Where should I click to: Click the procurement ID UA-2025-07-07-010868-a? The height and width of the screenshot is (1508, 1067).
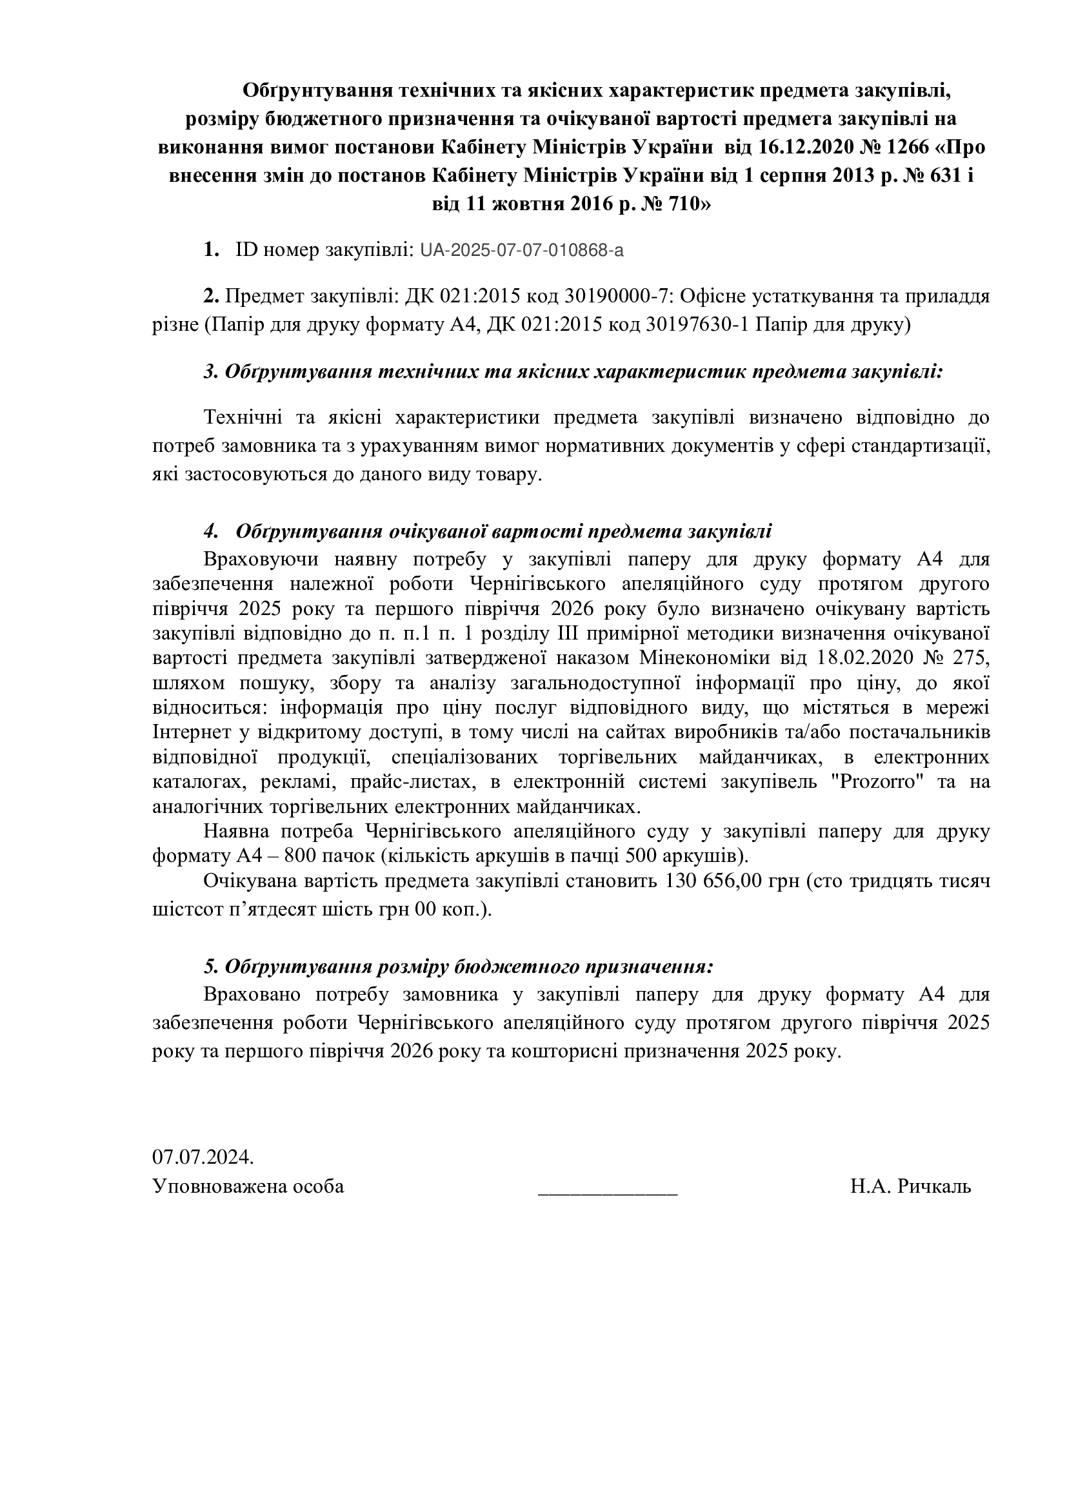point(522,250)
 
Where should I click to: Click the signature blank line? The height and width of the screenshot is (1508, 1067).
point(607,1186)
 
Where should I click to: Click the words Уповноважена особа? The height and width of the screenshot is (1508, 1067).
point(248,1186)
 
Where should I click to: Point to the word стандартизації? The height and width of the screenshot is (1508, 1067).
point(920,447)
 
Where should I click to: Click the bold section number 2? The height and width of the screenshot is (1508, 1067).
point(211,297)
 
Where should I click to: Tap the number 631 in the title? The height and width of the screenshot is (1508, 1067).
point(947,176)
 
